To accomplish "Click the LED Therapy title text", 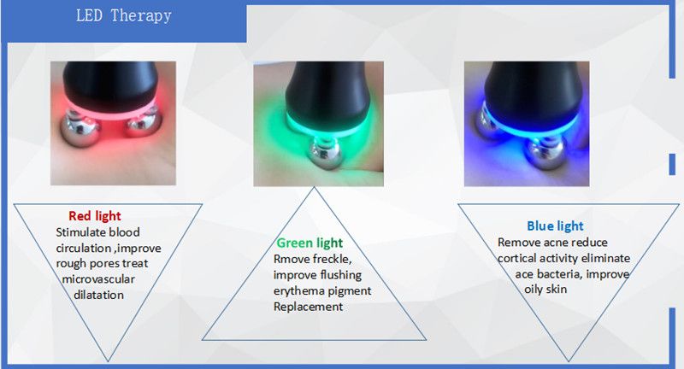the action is point(124,16).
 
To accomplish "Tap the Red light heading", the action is point(95,216).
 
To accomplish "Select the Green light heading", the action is point(310,243).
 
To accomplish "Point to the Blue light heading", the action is point(555,226).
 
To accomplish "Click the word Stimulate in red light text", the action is point(81,232).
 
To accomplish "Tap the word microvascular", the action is point(98,279).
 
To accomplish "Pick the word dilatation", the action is point(98,295).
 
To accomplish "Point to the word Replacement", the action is point(308,307).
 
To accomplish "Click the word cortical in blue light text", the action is point(517,258).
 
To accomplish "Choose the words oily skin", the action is point(545,290).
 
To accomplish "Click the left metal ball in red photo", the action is point(80,129).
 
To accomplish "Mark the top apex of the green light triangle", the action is point(314,187).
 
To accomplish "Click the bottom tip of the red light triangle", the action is point(108,360).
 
